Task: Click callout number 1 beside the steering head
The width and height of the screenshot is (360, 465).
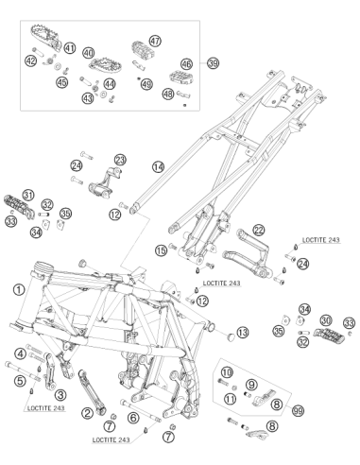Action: point(19,289)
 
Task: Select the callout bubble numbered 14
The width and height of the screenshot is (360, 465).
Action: point(158,166)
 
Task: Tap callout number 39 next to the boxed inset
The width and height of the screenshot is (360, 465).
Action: point(213,63)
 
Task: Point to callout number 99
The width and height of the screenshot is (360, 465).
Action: point(298,410)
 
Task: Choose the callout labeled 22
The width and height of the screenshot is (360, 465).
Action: point(259,231)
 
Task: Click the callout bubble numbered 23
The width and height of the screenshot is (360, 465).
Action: point(120,160)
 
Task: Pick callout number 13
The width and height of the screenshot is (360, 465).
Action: point(243,333)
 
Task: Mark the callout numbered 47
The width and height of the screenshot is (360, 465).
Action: point(155,41)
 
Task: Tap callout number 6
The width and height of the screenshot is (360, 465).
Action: point(133,418)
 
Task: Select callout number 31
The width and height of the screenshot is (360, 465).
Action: point(28,195)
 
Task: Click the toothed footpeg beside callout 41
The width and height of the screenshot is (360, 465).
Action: point(46,38)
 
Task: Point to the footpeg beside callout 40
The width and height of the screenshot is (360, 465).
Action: point(102,65)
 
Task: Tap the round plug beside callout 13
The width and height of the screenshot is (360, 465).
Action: point(231,336)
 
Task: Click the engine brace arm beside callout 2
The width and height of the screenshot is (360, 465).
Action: point(92,392)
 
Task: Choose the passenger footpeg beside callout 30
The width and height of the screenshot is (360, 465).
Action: point(329,336)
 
